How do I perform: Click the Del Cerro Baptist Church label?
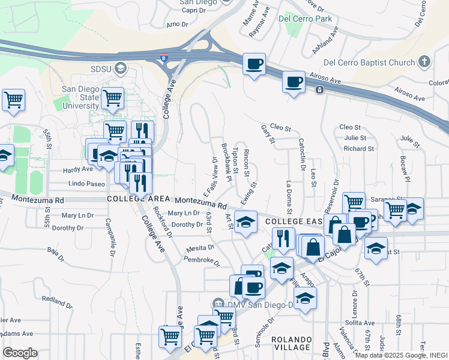[x=369, y=62]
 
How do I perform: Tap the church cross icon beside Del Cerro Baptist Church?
[x=424, y=62]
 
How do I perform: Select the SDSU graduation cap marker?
[x=122, y=68]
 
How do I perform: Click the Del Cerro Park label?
[x=306, y=19]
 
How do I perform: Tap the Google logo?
[x=19, y=353]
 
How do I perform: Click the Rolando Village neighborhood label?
[x=292, y=343]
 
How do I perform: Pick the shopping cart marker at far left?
[x=13, y=100]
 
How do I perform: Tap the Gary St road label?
[x=268, y=135]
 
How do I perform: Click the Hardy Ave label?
[x=79, y=170]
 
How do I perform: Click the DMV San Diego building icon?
[x=219, y=304]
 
